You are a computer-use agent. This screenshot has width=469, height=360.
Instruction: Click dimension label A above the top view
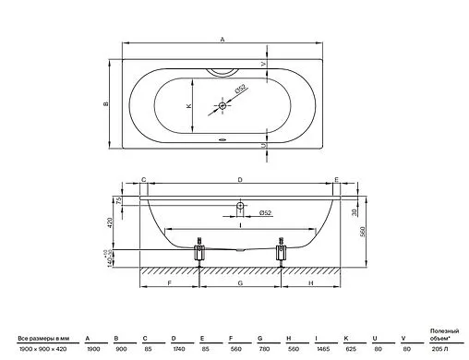(222, 39)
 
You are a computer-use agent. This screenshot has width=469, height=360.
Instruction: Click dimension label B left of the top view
(106, 103)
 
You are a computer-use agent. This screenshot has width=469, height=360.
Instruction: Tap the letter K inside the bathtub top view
(188, 106)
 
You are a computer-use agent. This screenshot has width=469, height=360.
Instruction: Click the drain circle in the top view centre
(222, 106)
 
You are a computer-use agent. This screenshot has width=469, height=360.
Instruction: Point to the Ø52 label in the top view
(241, 89)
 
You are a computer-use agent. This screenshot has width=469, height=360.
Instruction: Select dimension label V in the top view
(263, 64)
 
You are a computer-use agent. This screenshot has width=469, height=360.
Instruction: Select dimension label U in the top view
(264, 145)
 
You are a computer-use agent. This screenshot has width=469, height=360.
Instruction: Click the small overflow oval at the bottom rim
(222, 139)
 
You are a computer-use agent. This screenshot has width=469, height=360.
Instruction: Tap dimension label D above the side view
(240, 180)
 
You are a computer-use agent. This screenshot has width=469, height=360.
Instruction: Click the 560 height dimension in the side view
(363, 232)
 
